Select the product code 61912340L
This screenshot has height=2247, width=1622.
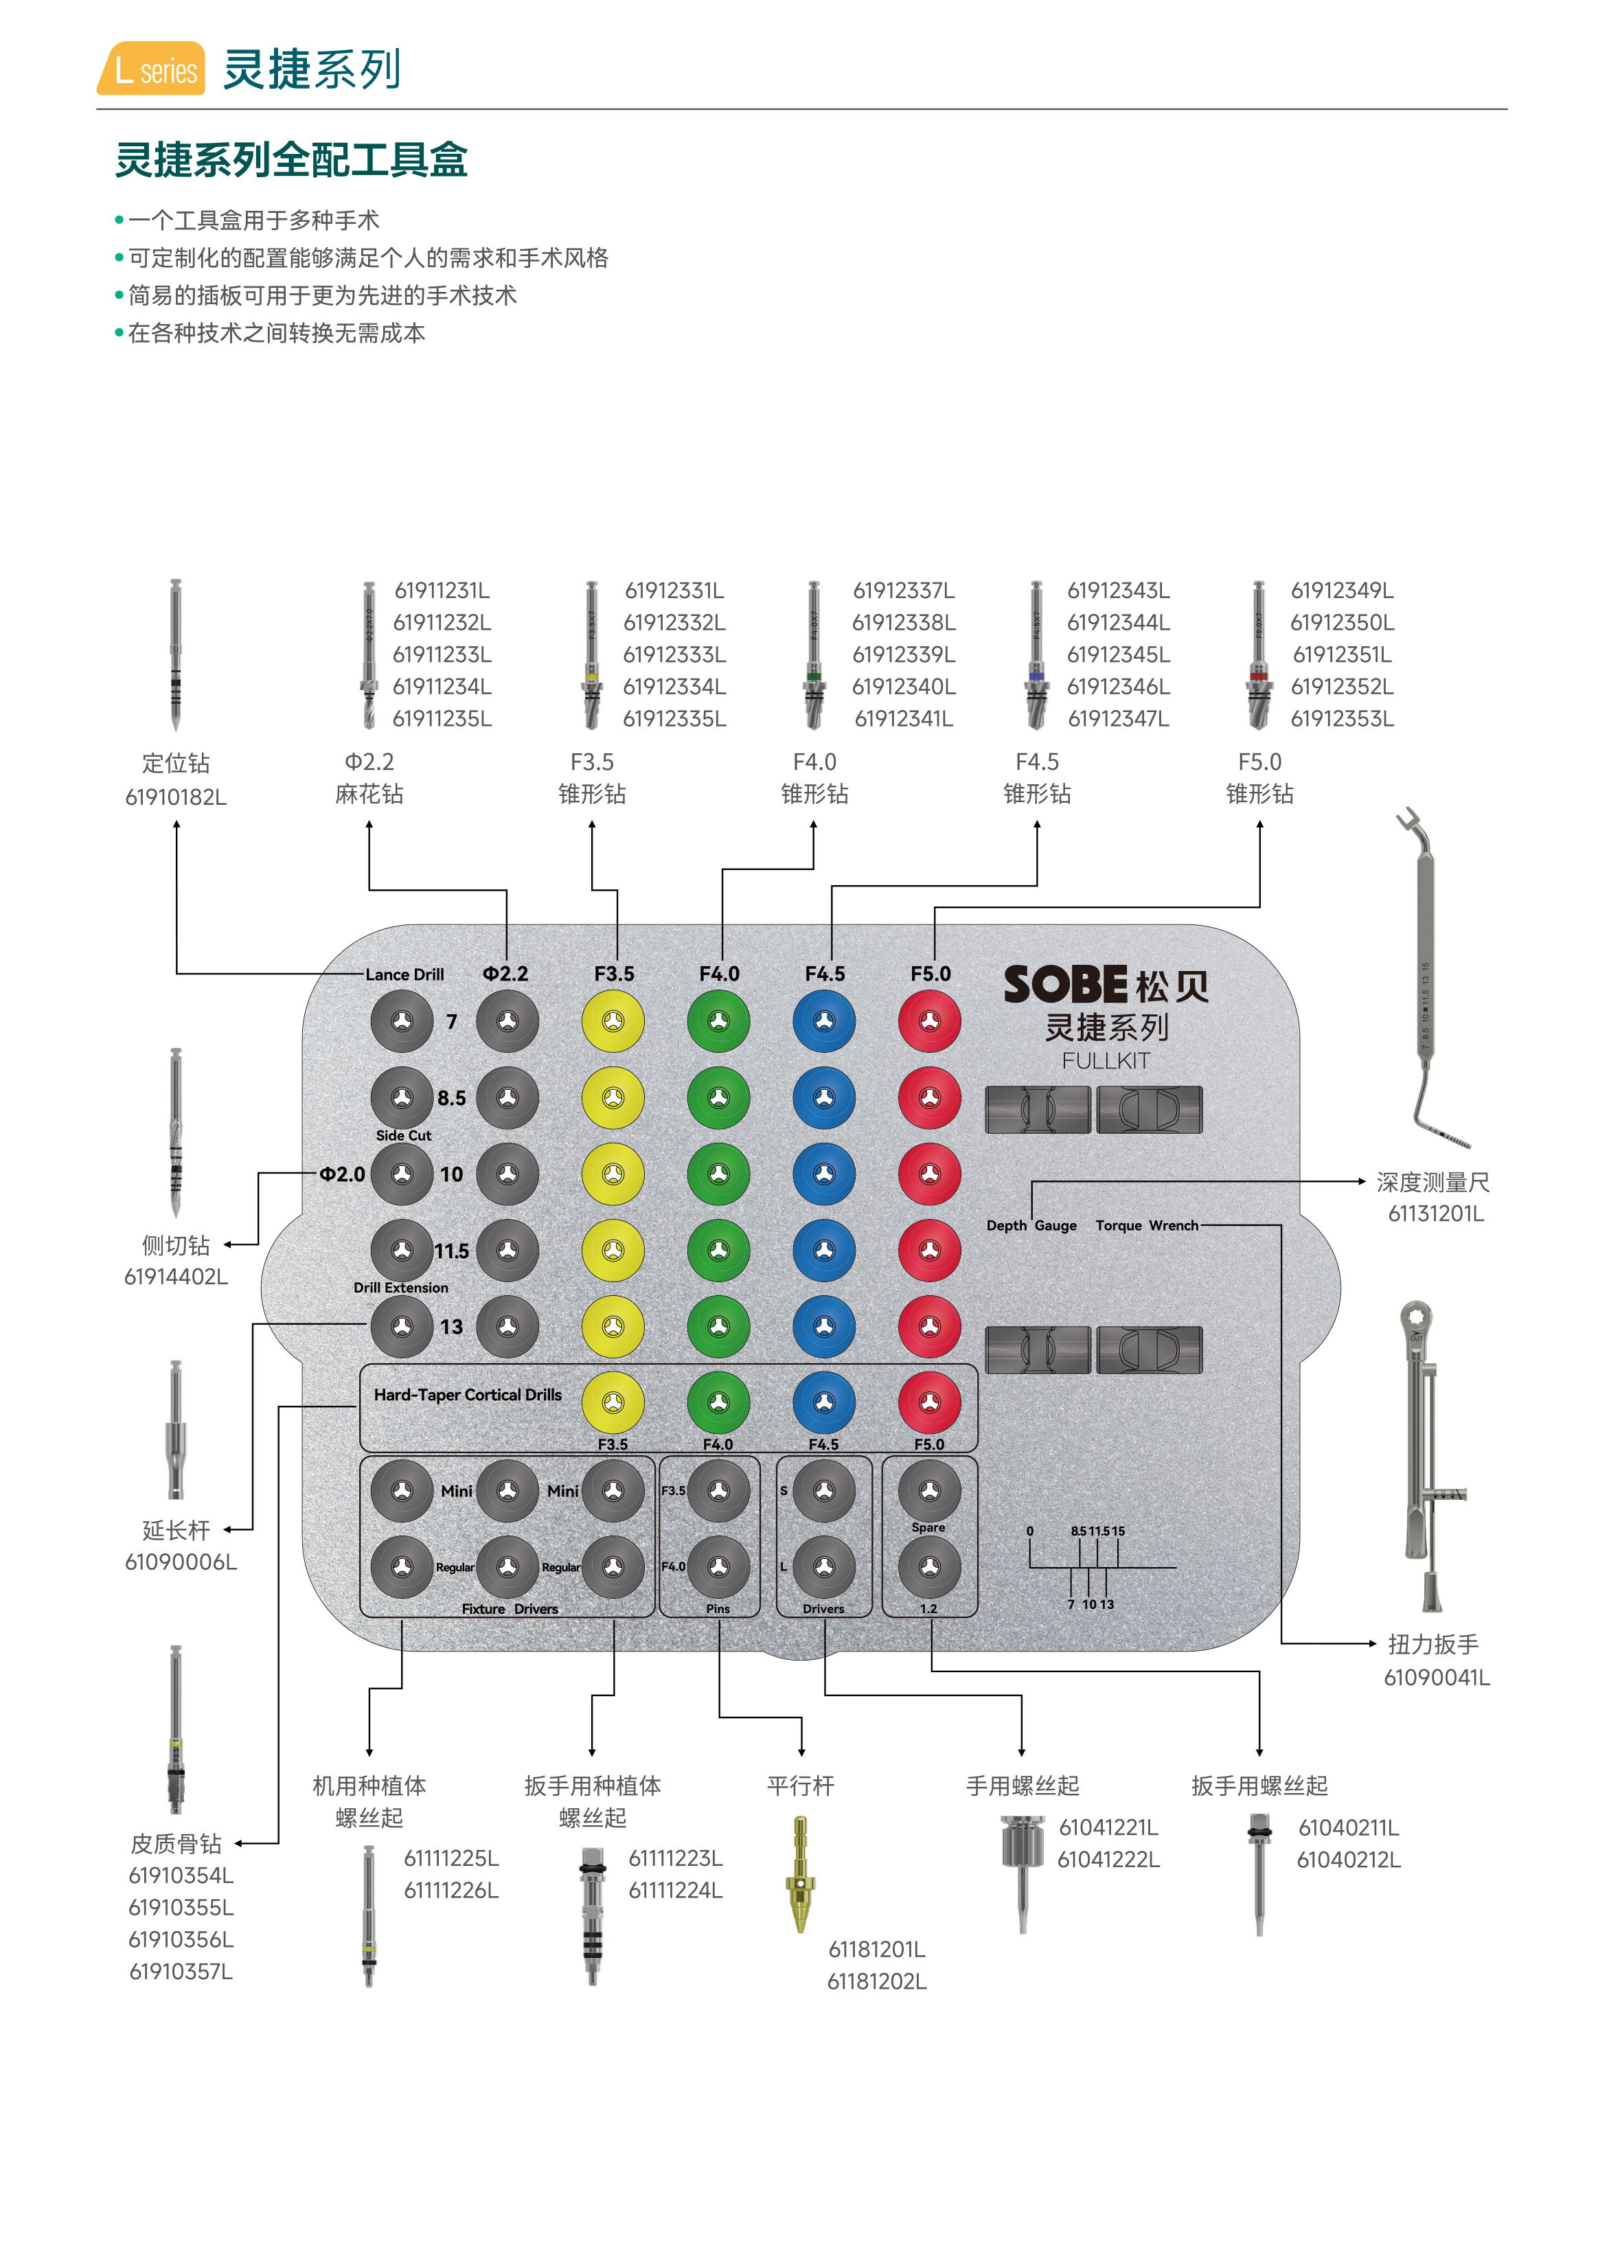[x=904, y=687]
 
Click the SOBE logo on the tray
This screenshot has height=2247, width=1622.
[x=1065, y=985]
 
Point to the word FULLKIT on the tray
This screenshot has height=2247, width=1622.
[x=1106, y=1061]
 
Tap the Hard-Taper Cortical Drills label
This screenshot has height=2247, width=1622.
[x=468, y=1395]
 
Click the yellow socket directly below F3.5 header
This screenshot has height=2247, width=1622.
[x=613, y=1021]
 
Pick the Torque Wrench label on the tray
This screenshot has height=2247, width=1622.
[x=1146, y=1226]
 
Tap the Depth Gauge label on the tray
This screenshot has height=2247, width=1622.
[x=1031, y=1226]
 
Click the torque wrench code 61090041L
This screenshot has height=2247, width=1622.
[x=1437, y=1677]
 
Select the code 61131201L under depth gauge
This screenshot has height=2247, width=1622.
[x=1436, y=1213]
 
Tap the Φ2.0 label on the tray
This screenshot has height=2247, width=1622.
[x=342, y=1174]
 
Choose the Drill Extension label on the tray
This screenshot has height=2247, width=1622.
[x=401, y=1288]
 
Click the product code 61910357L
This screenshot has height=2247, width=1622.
[x=181, y=1972]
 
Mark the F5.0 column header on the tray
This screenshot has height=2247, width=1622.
[x=930, y=974]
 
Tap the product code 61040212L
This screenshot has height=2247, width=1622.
[x=1349, y=1860]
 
